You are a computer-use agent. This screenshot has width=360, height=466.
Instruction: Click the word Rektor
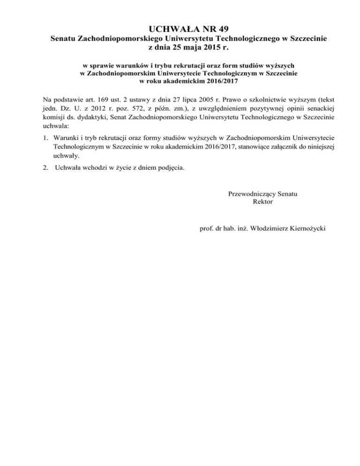(x=262, y=202)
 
